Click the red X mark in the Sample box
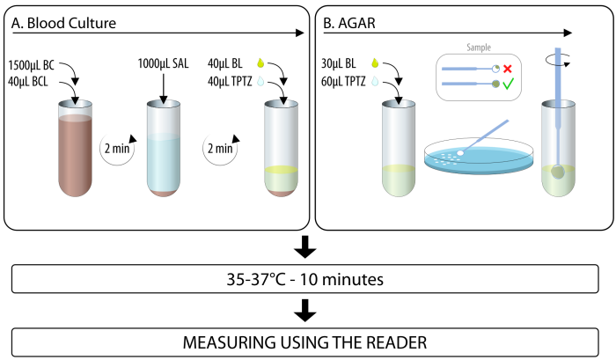[508, 68]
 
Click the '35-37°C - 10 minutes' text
[303, 283]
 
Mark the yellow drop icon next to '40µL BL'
[260, 63]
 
